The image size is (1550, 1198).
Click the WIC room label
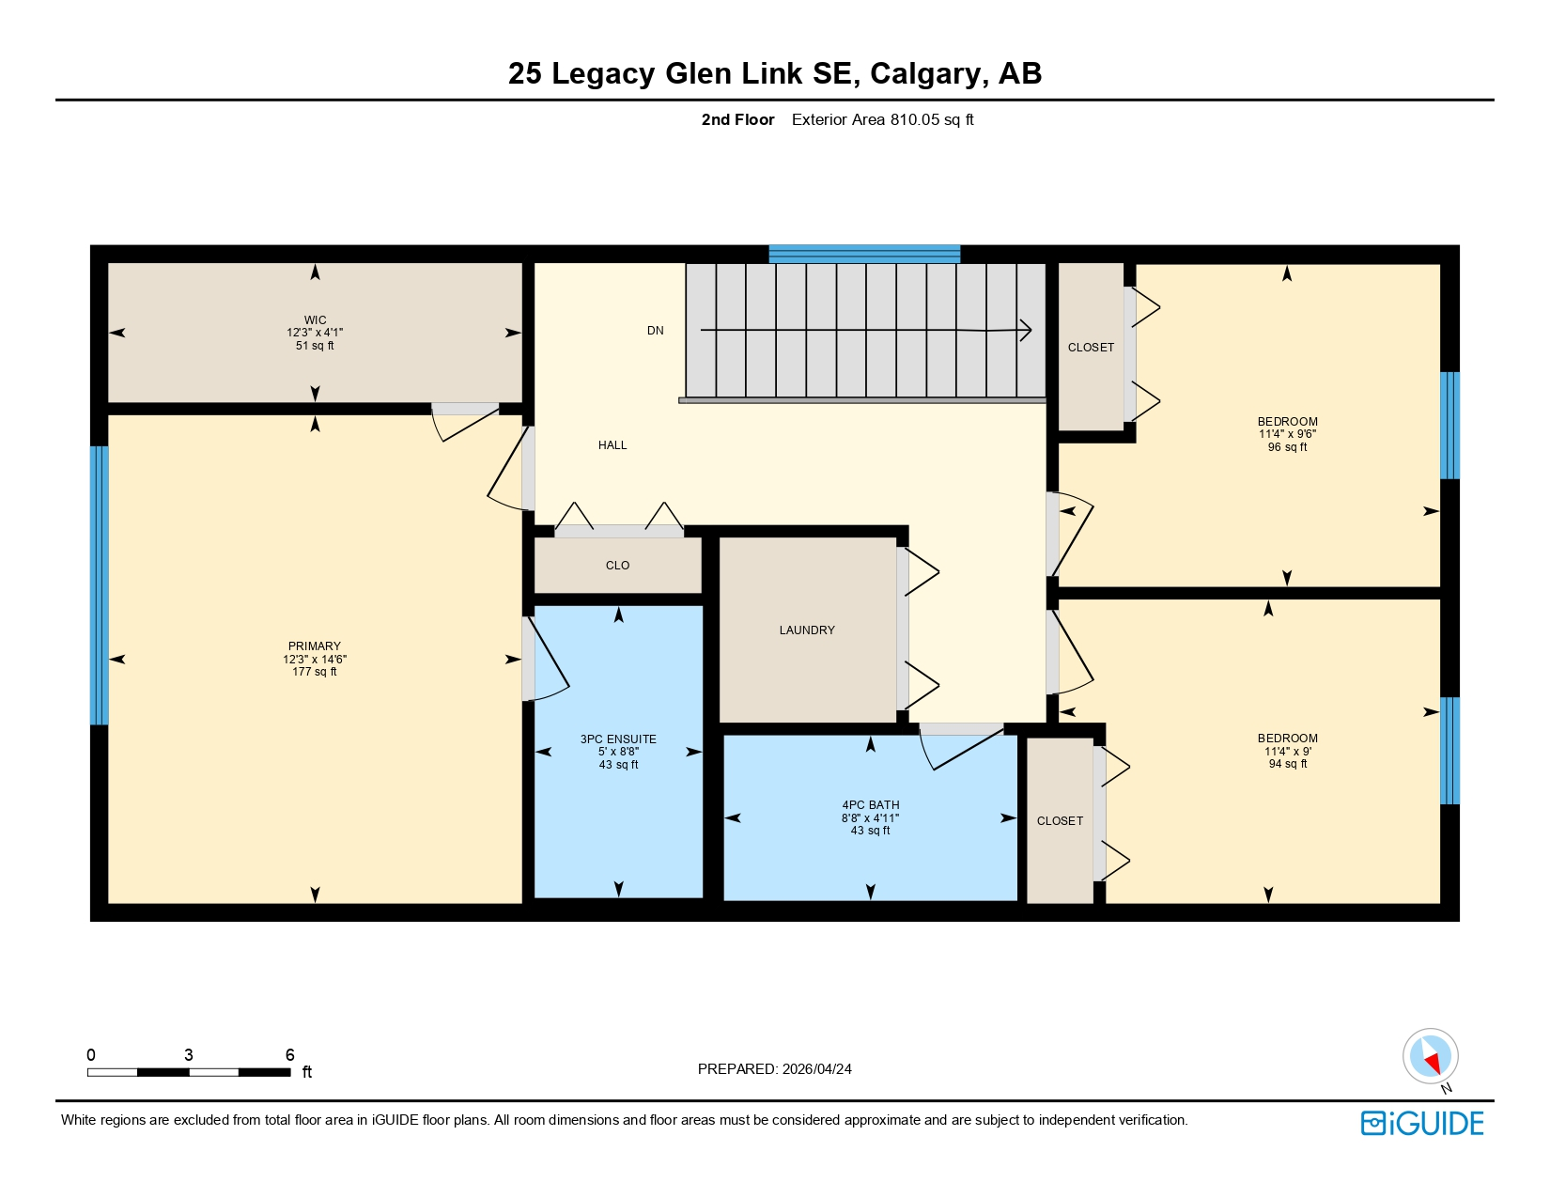[x=315, y=320]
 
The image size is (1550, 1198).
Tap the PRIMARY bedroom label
[x=314, y=646]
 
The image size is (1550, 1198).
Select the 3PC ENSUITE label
[x=618, y=739]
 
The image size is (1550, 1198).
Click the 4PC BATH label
[x=870, y=805]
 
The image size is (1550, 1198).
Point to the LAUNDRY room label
[x=806, y=630]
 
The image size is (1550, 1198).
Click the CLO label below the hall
[x=617, y=566]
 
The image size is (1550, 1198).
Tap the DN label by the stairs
[x=655, y=331]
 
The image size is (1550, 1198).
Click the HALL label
[x=612, y=445]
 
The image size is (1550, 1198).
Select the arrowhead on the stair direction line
[x=1026, y=330]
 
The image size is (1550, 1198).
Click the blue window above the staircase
[x=864, y=254]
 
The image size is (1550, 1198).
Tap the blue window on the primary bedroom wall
[x=99, y=584]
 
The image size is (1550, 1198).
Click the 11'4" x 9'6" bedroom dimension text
[x=1287, y=434]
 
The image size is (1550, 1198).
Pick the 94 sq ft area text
[x=1287, y=764]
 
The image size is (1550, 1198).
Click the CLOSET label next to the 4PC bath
[x=1060, y=821]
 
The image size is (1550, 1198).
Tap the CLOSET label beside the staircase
[x=1091, y=348]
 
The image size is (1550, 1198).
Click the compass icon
[x=1430, y=1056]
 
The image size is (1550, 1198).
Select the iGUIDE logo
[x=1422, y=1124]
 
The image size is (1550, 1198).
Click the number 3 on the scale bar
[x=189, y=1055]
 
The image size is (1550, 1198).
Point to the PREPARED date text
[x=774, y=1069]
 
